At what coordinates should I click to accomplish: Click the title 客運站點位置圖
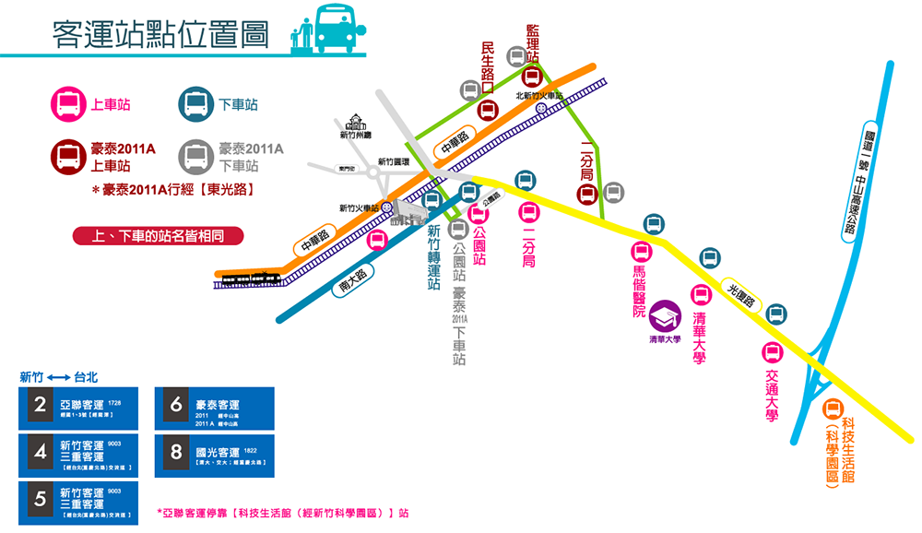[160, 34]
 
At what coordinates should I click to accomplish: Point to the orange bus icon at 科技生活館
[833, 409]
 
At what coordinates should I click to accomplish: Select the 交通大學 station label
[772, 397]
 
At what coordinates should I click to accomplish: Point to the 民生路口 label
[488, 61]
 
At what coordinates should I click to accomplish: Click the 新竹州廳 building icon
[355, 123]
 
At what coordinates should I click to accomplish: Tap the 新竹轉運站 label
[433, 258]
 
